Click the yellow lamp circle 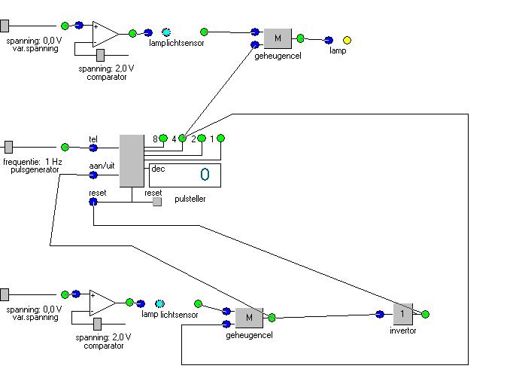pyautogui.click(x=347, y=40)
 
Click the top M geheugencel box pyautogui.click(x=277, y=38)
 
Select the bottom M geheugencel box pyautogui.click(x=249, y=318)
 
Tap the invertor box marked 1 pyautogui.click(x=403, y=313)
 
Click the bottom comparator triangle pyautogui.click(x=102, y=303)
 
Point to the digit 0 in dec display pyautogui.click(x=205, y=175)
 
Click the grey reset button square pyautogui.click(x=157, y=202)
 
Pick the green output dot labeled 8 pyautogui.click(x=163, y=139)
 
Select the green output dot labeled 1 pyautogui.click(x=221, y=138)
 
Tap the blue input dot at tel pyautogui.click(x=93, y=147)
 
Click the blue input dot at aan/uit pyautogui.click(x=93, y=175)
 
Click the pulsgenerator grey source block pyautogui.click(x=8, y=147)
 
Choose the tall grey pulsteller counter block pyautogui.click(x=132, y=160)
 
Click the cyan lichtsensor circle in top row pyautogui.click(x=166, y=32)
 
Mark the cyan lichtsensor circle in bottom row pyautogui.click(x=159, y=303)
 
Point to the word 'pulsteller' pyautogui.click(x=190, y=200)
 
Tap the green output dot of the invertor pyautogui.click(x=425, y=314)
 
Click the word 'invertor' pyautogui.click(x=402, y=331)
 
